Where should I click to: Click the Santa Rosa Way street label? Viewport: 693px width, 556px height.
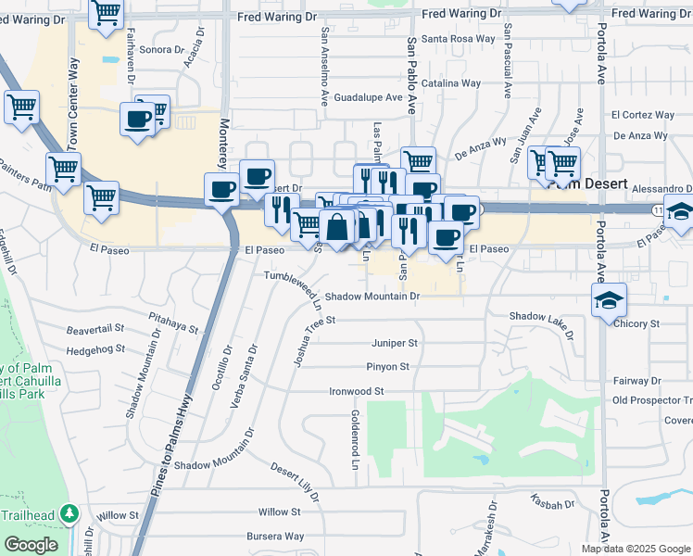459,39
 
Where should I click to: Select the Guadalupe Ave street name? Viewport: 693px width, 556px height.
368,97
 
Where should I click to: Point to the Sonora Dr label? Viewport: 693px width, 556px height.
163,49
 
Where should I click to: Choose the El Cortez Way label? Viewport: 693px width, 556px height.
642,116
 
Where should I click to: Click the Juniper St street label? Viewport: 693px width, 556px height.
395,343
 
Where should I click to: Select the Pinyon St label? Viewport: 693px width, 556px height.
387,367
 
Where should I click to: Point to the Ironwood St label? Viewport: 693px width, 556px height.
357,392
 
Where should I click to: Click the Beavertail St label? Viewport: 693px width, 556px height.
95,329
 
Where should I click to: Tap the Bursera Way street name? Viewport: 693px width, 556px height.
282,537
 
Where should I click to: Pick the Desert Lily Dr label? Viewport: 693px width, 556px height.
295,482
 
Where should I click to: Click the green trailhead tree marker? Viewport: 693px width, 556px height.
69,513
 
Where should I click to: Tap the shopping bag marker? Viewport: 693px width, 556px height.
337,225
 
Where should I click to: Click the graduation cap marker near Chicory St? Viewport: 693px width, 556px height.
610,299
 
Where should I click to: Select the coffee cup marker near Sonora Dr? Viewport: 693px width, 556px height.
138,120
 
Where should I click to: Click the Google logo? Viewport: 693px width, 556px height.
30,545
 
